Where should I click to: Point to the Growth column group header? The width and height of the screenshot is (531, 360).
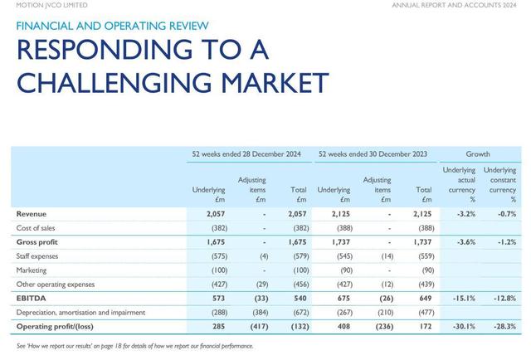pos(477,154)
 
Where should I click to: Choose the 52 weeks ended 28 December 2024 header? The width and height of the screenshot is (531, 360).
pos(250,154)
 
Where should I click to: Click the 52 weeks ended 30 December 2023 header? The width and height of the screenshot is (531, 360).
pos(375,154)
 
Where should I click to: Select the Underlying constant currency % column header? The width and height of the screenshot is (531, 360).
pos(500,185)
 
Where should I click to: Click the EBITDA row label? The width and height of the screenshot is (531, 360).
pos(31,298)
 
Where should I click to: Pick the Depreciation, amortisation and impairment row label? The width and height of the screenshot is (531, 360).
pos(80,312)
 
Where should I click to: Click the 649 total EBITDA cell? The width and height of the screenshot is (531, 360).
pos(426,298)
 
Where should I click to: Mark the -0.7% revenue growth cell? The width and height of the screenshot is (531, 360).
pos(505,213)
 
